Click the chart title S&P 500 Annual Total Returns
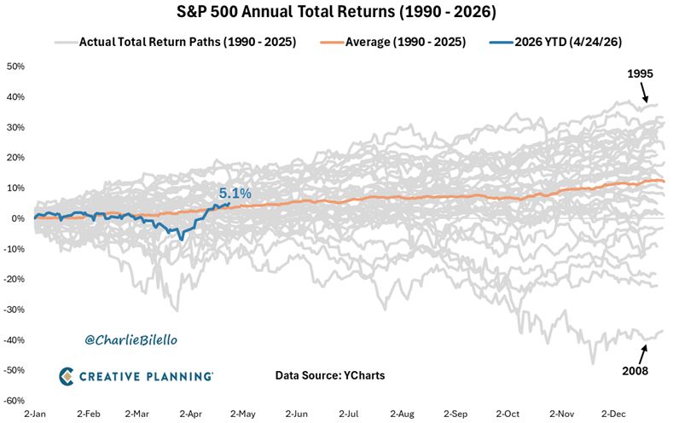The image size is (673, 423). pyautogui.click(x=336, y=12)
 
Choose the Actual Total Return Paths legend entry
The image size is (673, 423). pyautogui.click(x=187, y=41)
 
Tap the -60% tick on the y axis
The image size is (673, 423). pyautogui.click(x=15, y=400)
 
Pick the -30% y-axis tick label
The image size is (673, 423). pyautogui.click(x=15, y=309)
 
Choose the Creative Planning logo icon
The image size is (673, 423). pyautogui.click(x=68, y=375)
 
